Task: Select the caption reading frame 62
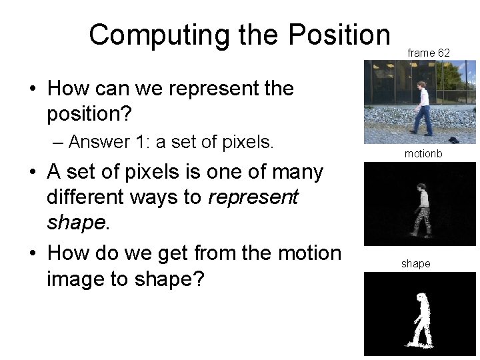(429, 52)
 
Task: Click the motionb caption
(423, 154)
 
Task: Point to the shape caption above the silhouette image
(416, 264)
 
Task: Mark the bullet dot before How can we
(32, 89)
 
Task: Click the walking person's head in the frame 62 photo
(421, 87)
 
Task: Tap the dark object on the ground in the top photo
(453, 139)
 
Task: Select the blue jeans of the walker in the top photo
(421, 120)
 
